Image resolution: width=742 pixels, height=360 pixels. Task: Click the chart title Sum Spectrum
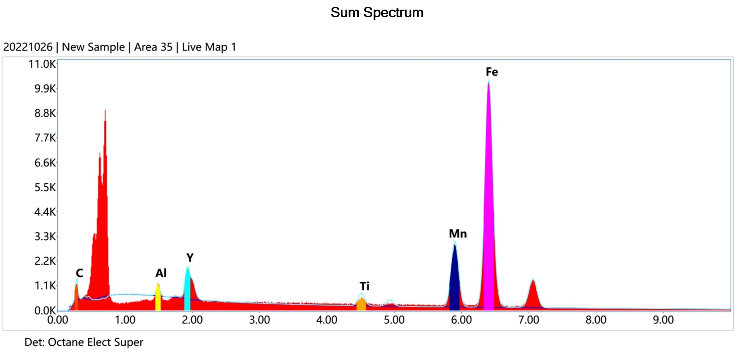(377, 13)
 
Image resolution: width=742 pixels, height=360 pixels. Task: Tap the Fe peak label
(491, 72)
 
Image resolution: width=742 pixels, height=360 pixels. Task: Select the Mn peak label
(458, 234)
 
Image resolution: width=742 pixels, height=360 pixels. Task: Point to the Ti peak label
(364, 286)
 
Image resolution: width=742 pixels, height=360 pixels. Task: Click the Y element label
(190, 257)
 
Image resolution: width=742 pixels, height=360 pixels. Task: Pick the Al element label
(161, 273)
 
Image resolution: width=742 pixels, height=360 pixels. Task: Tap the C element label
(79, 273)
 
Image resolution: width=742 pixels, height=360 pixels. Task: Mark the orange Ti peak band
(361, 304)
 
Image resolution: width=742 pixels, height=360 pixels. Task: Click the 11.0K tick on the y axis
(42, 64)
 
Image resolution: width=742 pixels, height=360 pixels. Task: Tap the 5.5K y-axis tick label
(45, 187)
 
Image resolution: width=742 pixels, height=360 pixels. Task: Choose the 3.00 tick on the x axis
(259, 320)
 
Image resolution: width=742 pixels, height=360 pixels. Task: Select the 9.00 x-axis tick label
(663, 320)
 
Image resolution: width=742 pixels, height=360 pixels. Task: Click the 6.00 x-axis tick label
(461, 320)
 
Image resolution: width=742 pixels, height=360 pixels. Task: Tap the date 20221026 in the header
(28, 47)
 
